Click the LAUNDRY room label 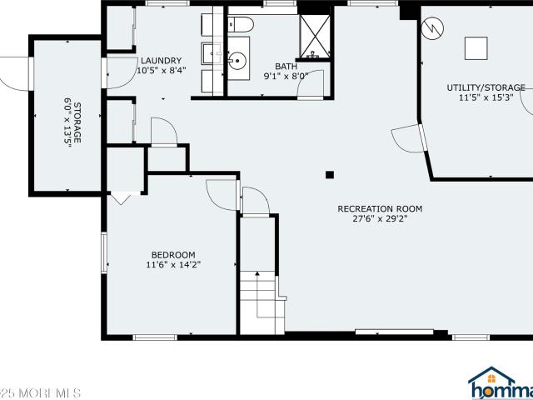pyautogui.click(x=161, y=61)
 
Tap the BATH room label pyautogui.click(x=286, y=66)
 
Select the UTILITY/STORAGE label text pyautogui.click(x=486, y=87)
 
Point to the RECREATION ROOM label pyautogui.click(x=380, y=208)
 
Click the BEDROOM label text pyautogui.click(x=172, y=255)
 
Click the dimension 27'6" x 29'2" pyautogui.click(x=380, y=219)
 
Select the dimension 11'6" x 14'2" pyautogui.click(x=172, y=265)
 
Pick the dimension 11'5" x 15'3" pyautogui.click(x=486, y=97)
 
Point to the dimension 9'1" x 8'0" pyautogui.click(x=286, y=76)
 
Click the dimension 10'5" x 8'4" pyautogui.click(x=161, y=71)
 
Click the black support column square pyautogui.click(x=330, y=174)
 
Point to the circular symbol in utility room pyautogui.click(x=431, y=28)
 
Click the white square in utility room pyautogui.click(x=476, y=47)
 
